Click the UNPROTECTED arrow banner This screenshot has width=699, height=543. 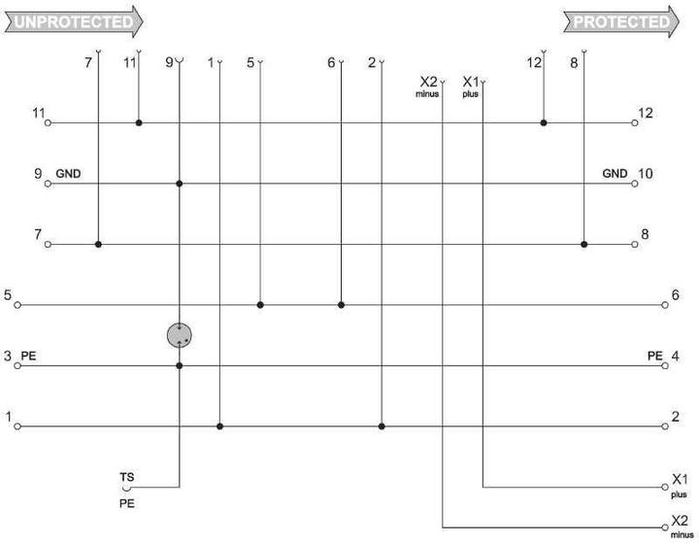pyautogui.click(x=74, y=21)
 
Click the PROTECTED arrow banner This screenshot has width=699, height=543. pyautogui.click(x=621, y=21)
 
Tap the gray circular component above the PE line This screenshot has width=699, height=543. pyautogui.click(x=180, y=335)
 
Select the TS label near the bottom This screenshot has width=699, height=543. pyautogui.click(x=126, y=477)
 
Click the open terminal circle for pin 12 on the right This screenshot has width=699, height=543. pyautogui.click(x=635, y=122)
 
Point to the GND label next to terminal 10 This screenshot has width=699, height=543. pyautogui.click(x=615, y=174)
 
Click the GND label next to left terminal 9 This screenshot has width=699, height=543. pyautogui.click(x=68, y=174)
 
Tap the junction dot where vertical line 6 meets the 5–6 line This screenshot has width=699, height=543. pyautogui.click(x=341, y=305)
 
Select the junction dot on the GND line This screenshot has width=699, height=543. pyautogui.click(x=180, y=184)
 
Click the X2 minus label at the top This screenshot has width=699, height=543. pyautogui.click(x=428, y=86)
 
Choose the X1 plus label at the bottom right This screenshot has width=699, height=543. pyautogui.click(x=680, y=485)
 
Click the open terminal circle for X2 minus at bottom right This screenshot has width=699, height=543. pyautogui.click(x=665, y=527)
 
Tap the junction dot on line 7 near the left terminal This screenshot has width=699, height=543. pyautogui.click(x=98, y=245)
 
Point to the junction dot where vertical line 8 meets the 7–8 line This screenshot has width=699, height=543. pyautogui.click(x=584, y=245)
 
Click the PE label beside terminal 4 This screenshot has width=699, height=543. pyautogui.click(x=655, y=356)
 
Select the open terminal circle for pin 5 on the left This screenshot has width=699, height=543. pyautogui.click(x=17, y=305)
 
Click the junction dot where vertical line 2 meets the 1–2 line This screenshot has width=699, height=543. pyautogui.click(x=382, y=426)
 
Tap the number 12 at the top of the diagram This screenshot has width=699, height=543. pyautogui.click(x=534, y=63)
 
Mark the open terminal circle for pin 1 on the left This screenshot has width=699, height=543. pyautogui.click(x=17, y=426)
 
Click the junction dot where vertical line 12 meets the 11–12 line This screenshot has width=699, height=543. pyautogui.click(x=544, y=122)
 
